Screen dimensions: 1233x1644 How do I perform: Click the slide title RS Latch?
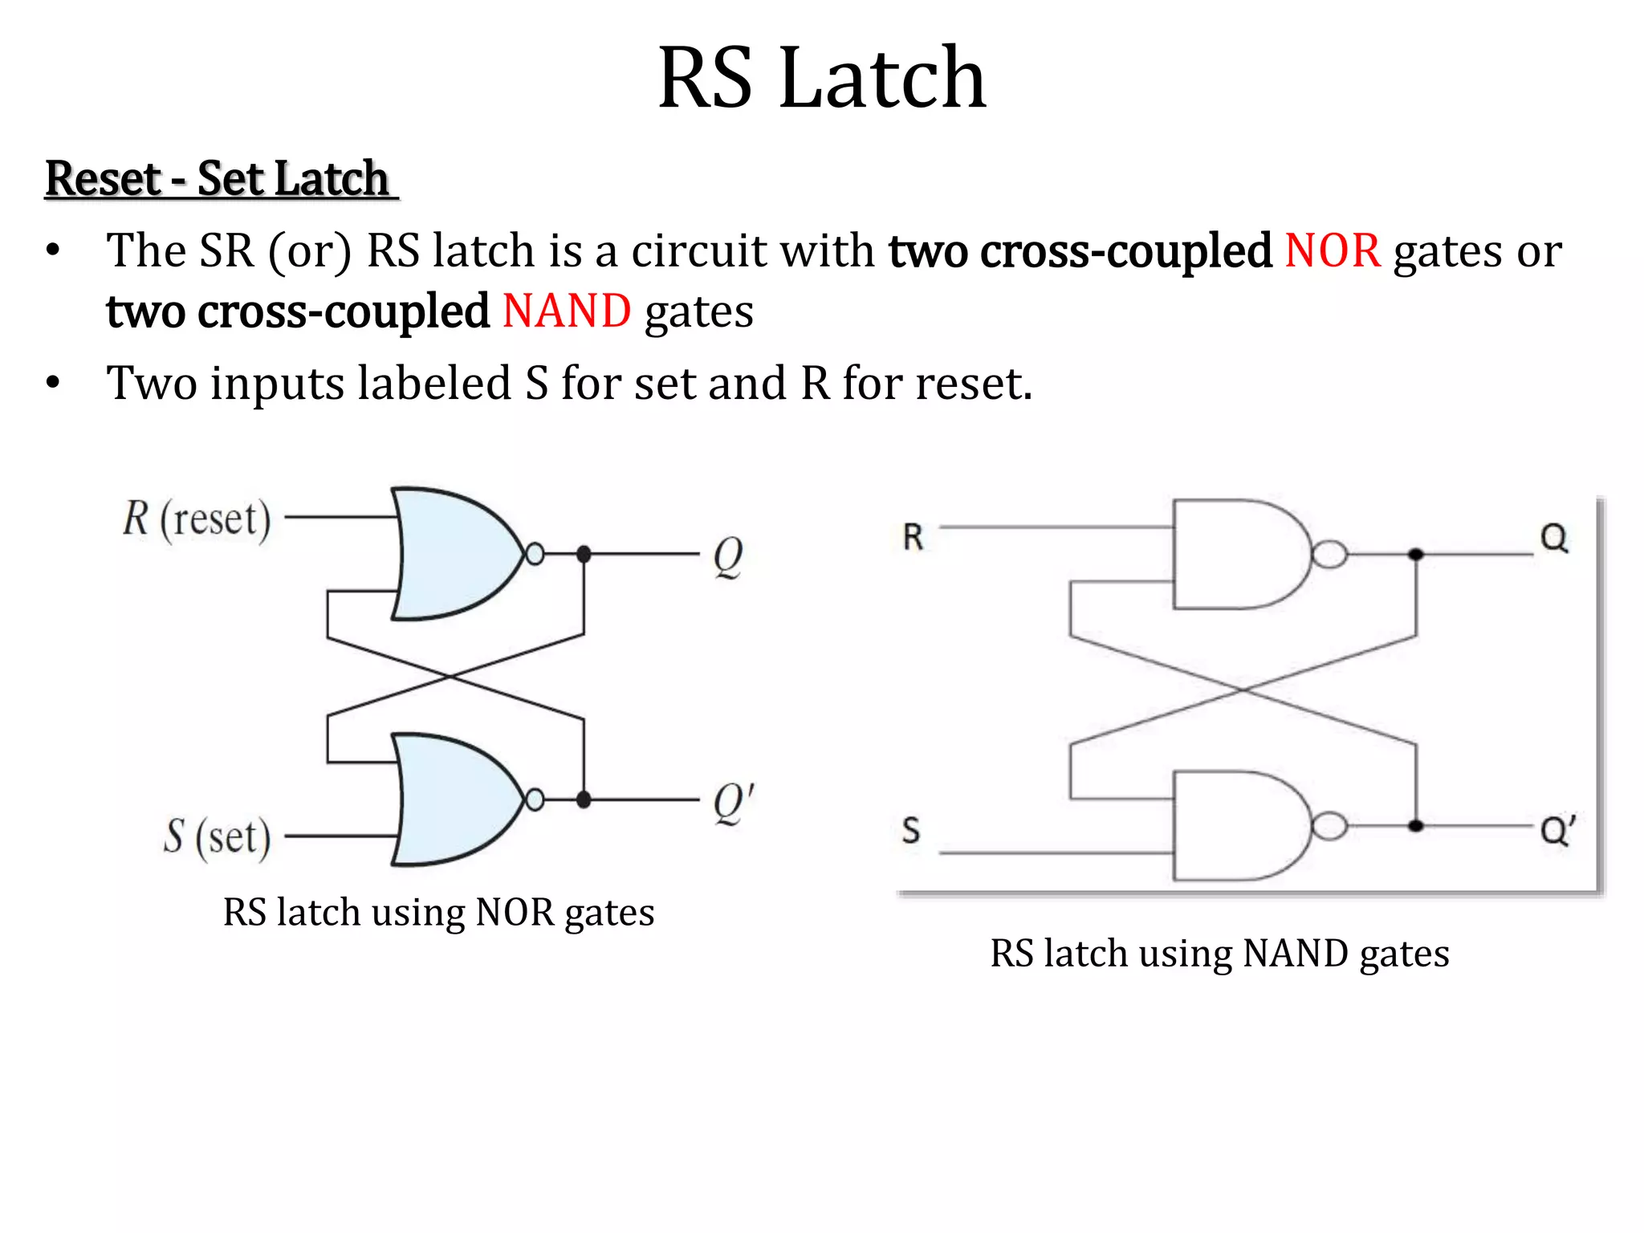821,78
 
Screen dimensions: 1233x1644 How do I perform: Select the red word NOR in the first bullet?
1333,250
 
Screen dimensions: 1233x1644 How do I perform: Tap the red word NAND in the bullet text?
567,311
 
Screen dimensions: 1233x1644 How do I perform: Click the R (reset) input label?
197,519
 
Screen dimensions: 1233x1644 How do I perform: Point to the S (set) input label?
217,836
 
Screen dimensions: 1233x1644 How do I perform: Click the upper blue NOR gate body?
454,554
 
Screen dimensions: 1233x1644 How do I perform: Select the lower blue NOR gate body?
454,800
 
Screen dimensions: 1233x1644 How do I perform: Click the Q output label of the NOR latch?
728,555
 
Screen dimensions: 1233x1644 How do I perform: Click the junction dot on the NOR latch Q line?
584,554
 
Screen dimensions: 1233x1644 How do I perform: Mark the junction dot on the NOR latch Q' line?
584,800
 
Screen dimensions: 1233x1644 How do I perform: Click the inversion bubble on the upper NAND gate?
1329,554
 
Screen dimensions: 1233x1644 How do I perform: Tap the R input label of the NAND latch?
913,537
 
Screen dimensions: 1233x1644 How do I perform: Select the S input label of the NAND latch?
911,830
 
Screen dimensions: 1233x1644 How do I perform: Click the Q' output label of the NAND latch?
1557,830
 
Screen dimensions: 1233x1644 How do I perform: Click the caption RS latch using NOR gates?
438,913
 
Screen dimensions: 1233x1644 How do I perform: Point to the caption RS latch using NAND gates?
1219,954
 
